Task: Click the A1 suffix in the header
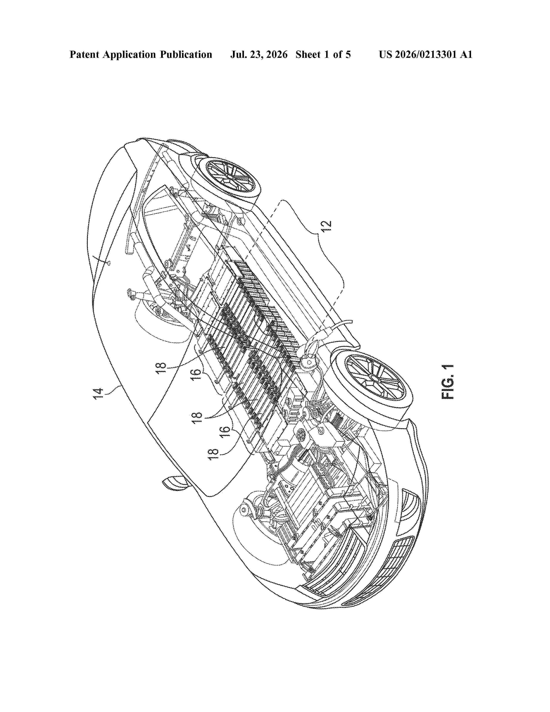click(466, 54)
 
